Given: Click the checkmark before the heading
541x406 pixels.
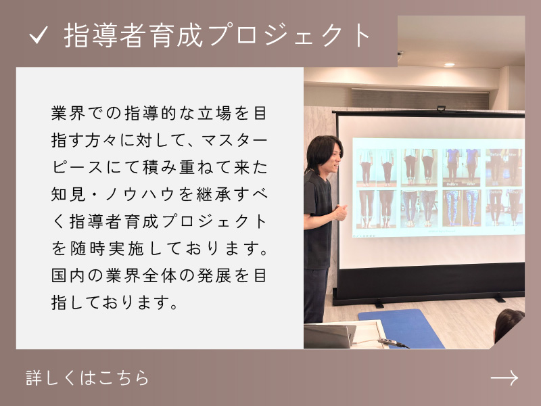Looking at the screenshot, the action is click(39, 36).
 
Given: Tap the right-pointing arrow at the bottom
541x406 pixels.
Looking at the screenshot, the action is click(504, 378).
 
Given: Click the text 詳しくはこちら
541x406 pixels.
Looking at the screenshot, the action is click(87, 378).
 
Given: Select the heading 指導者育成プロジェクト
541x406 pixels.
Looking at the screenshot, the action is click(217, 35).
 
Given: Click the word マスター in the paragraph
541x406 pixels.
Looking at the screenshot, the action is click(234, 141).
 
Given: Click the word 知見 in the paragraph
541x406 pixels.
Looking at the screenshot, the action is click(68, 194).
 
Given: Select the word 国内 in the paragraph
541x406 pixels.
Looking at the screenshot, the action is click(68, 275).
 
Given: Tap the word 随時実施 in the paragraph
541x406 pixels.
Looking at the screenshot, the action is click(107, 248).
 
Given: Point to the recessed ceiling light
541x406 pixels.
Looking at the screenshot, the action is click(449, 64).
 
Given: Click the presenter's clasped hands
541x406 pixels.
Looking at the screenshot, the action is click(340, 212).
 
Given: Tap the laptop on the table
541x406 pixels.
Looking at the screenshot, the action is click(328, 336).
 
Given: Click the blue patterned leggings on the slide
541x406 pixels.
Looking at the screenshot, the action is click(462, 208).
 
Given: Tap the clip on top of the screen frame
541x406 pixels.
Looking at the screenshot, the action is click(441, 109).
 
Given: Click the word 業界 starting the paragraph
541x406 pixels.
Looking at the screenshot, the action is click(68, 113).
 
